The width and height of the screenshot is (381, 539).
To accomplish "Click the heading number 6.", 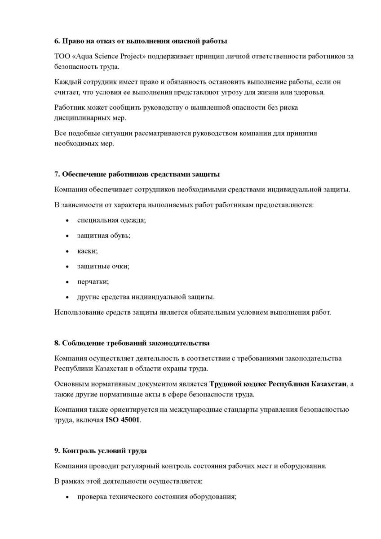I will (x=57, y=41).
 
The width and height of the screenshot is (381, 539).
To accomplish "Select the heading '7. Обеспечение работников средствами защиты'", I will (x=137, y=174).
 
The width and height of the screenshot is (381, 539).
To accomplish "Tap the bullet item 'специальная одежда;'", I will (x=111, y=220).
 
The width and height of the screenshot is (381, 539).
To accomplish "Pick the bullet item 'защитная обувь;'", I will (x=104, y=235).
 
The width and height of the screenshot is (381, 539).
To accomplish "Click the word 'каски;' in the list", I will (x=87, y=250).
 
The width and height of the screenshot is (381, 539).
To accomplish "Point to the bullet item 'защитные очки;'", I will (x=103, y=266).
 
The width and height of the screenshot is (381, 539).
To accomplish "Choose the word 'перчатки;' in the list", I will (x=93, y=281).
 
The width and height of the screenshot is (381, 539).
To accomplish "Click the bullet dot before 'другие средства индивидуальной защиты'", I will (x=67, y=297).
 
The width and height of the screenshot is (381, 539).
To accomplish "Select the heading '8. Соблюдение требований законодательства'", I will (x=132, y=343).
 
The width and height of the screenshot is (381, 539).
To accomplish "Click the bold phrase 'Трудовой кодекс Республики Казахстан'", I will (x=278, y=384).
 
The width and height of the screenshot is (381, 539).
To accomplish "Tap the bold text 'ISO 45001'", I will (x=123, y=420).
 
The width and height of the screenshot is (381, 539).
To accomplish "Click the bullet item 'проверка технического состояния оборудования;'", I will (x=157, y=497).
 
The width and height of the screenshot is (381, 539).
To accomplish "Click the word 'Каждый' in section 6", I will (x=66, y=82).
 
